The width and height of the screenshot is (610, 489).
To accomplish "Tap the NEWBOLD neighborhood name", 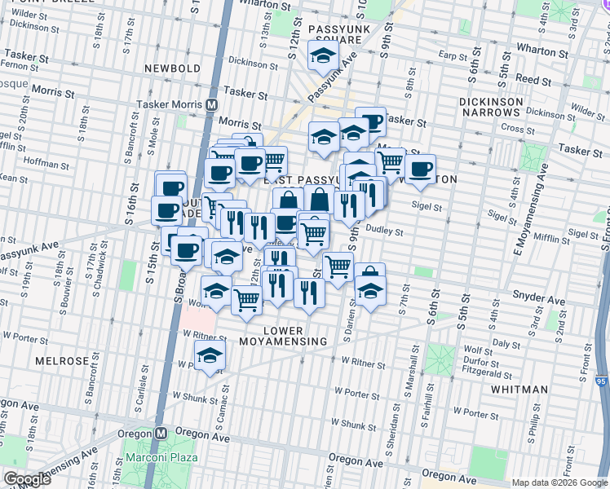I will [172, 68].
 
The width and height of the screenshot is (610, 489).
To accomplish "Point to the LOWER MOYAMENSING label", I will [283, 341].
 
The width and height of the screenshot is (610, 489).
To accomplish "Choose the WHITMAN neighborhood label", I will [519, 390].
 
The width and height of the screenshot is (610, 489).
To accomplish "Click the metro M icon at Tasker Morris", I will [211, 105].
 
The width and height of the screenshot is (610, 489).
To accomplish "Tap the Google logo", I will [27, 479].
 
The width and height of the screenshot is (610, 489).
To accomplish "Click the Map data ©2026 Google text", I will [559, 482].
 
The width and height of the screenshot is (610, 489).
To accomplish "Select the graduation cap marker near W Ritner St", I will [210, 355].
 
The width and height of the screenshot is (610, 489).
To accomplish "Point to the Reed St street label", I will [533, 80].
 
